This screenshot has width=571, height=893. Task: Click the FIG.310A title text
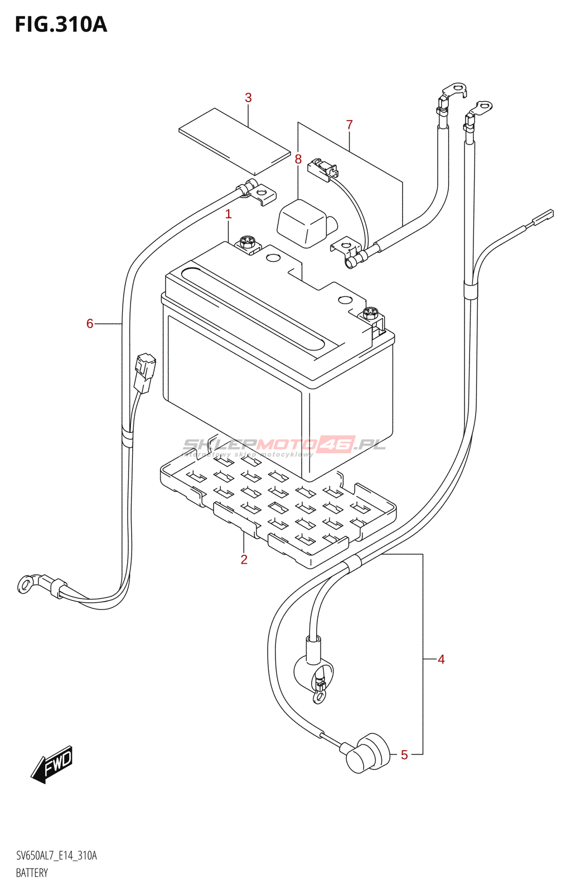[61, 25]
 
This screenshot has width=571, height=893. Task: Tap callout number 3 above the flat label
[248, 98]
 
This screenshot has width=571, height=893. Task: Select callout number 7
[350, 124]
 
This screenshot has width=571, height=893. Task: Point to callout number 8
[298, 159]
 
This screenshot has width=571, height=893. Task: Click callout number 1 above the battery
[228, 214]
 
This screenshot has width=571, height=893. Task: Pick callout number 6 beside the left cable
[90, 324]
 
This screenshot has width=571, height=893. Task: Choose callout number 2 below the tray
[244, 559]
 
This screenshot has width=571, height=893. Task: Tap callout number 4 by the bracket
[441, 659]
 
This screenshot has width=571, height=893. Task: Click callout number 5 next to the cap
[404, 755]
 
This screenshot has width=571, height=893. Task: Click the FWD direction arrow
[52, 764]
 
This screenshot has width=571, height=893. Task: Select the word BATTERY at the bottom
[32, 873]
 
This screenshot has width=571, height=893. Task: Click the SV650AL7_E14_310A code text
[56, 856]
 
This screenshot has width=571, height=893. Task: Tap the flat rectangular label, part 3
[234, 141]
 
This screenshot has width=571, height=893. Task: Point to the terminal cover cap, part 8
[304, 223]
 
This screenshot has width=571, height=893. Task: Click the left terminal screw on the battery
[246, 242]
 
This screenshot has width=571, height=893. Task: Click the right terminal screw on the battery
[371, 314]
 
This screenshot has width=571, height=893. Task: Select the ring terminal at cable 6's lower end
[26, 584]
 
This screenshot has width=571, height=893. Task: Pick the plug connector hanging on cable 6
[145, 372]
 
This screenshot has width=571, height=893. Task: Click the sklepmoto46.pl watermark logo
[284, 445]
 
